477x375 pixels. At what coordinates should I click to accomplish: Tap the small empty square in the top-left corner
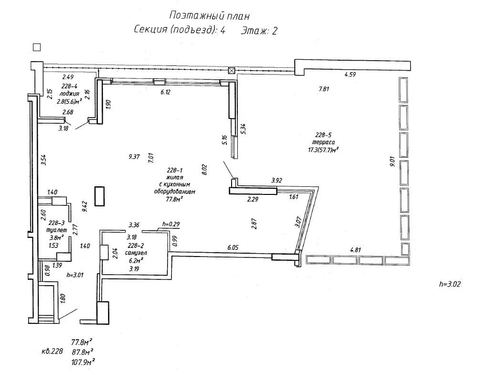pos(36,47)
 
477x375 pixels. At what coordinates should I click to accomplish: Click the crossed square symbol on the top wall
pos(232,71)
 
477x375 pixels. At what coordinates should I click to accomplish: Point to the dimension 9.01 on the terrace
pos(392,161)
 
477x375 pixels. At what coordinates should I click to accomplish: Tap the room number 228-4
pos(69,86)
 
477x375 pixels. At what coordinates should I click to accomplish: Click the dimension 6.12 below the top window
pos(165,92)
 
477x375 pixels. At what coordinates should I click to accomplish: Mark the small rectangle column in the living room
pos(99,196)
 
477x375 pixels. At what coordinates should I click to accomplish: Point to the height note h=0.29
pos(171,224)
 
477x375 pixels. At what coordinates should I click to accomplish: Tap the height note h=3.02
pos(450,284)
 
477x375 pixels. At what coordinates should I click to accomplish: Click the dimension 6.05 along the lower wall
pos(233,247)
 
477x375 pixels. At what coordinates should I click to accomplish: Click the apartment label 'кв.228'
pos(52,351)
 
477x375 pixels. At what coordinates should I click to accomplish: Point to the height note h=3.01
pos(75,275)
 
